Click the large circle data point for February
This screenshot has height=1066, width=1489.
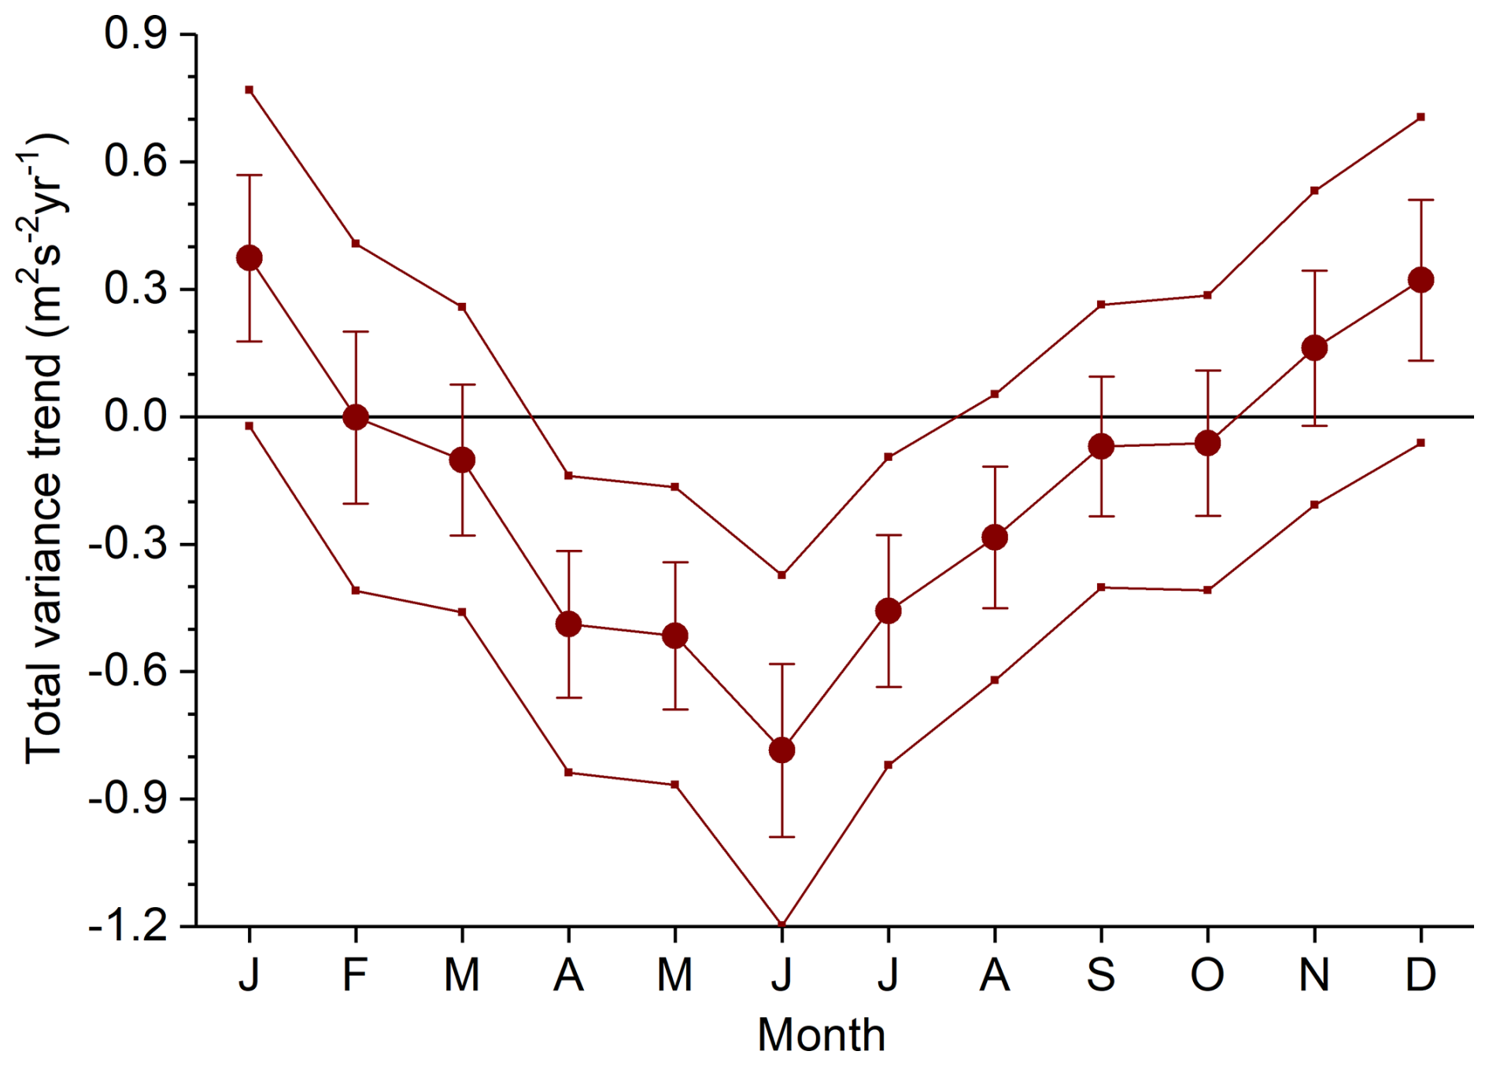356,417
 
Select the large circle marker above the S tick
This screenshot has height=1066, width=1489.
1101,447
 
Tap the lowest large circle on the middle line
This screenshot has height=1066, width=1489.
781,750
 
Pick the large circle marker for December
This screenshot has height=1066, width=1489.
1421,280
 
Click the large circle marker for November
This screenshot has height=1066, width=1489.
1314,348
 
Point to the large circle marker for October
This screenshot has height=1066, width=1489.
1207,444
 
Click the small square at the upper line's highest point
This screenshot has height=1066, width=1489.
249,90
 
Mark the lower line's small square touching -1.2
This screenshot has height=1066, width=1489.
781,924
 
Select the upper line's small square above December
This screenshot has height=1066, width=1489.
1421,117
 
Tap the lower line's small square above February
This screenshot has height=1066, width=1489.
356,590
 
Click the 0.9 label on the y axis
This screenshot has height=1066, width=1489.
135,35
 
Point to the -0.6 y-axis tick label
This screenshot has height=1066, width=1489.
128,671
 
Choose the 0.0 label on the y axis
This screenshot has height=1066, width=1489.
135,416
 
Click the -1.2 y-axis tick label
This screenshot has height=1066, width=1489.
128,926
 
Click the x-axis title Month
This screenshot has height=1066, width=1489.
821,1035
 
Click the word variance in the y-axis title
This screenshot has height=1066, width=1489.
43,504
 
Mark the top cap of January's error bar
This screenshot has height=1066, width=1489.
249,175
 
